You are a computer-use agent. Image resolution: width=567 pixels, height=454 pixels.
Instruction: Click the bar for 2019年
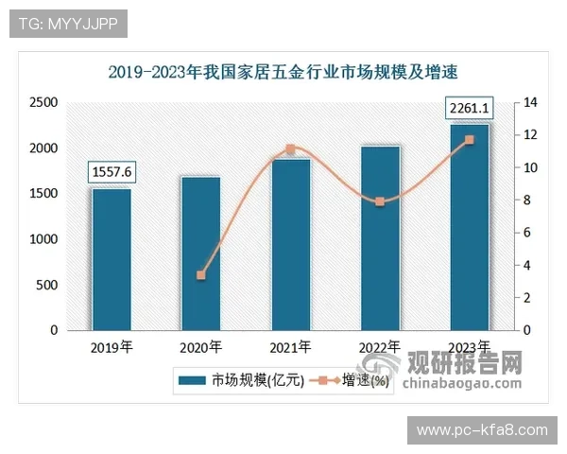point(112,259)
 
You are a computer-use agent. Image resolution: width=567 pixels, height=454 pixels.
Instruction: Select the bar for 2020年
point(200,253)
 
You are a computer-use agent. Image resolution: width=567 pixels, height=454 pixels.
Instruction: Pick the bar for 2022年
point(380,238)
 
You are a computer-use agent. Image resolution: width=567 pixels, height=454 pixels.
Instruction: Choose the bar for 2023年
point(470,227)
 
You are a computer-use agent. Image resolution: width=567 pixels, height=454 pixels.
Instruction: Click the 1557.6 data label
point(112,171)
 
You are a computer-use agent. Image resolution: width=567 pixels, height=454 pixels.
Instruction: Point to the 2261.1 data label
point(470,107)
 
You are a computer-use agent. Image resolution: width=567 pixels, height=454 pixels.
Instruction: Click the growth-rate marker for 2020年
point(200,275)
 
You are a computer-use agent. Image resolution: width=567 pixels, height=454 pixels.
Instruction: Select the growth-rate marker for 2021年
point(290,149)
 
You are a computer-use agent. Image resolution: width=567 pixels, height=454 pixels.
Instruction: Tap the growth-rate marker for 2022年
point(380,201)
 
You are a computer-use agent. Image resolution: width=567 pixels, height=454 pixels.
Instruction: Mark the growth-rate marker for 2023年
point(470,140)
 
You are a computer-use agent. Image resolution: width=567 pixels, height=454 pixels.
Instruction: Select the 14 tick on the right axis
point(531,102)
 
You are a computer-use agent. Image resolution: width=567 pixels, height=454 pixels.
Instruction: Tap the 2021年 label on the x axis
point(290,347)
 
